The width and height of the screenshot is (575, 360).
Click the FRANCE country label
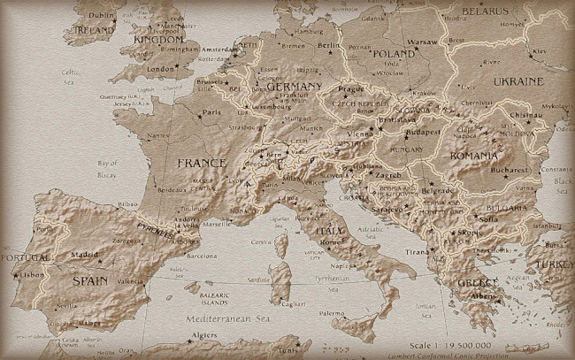tap(202, 163)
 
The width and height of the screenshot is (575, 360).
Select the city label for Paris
tap(211, 112)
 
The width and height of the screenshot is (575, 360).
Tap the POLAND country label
tap(394, 53)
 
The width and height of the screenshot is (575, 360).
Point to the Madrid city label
tap(85, 254)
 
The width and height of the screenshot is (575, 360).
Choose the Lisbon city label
tap(31, 275)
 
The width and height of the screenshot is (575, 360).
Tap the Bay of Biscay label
tap(107, 168)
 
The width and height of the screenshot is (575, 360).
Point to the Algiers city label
tap(204, 336)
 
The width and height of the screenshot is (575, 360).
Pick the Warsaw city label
tap(422, 41)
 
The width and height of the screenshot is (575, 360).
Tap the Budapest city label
tap(422, 133)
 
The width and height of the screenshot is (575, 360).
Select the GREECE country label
tap(473, 283)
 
